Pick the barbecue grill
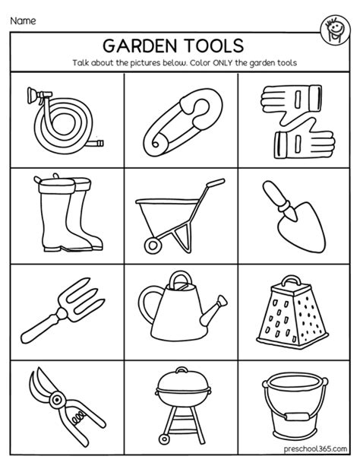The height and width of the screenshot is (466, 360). (181, 399)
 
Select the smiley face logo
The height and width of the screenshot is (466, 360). (333, 23)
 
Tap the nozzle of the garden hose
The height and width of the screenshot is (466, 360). (33, 97)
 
